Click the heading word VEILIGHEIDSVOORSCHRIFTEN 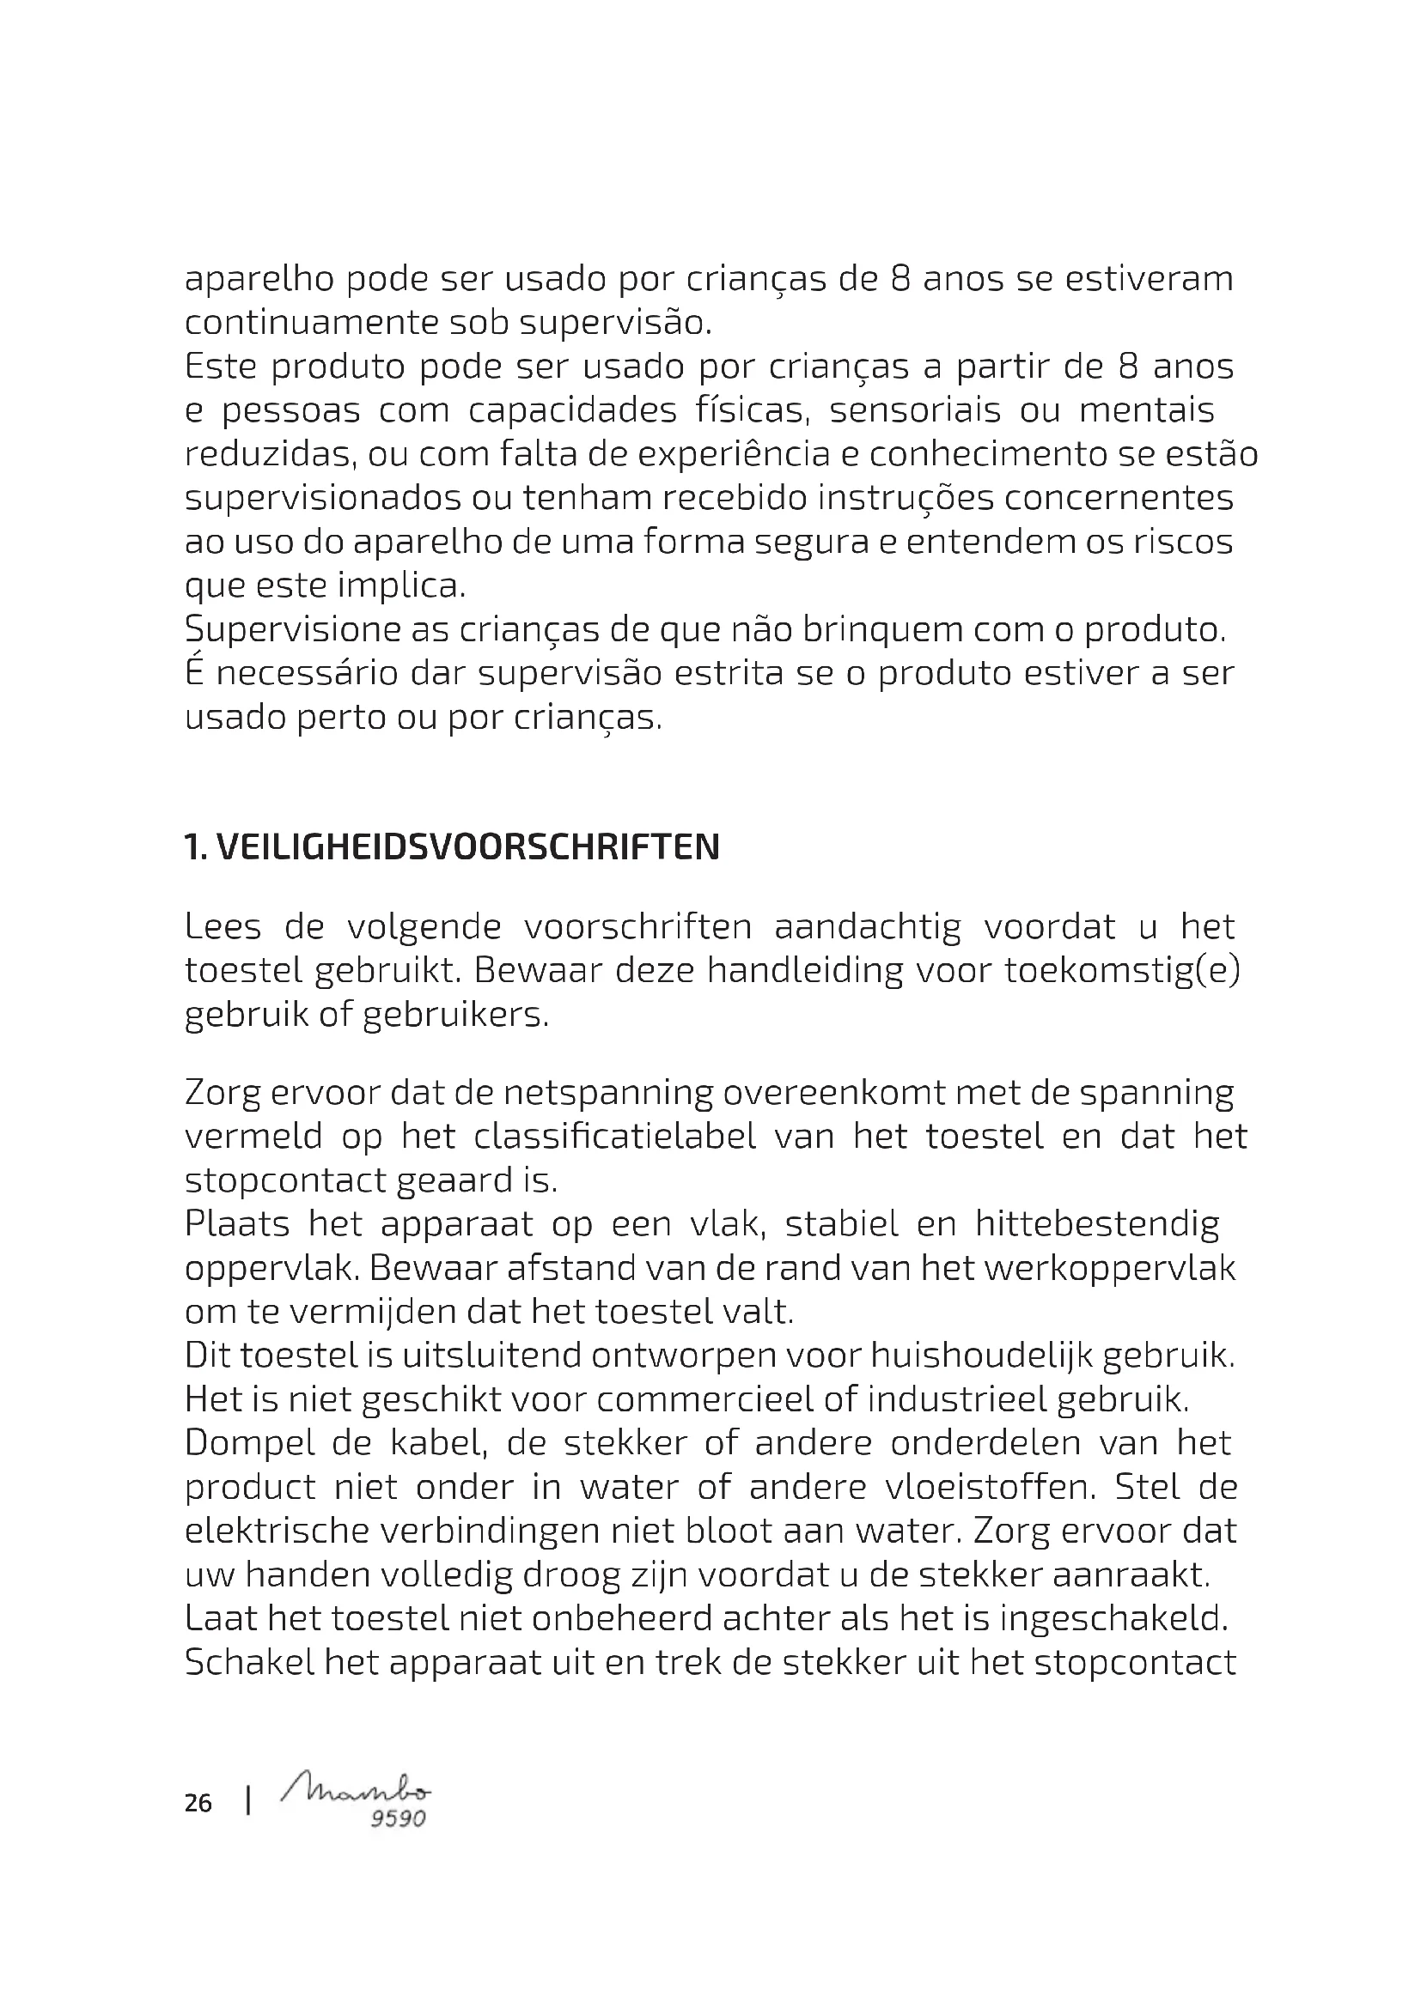tap(467, 846)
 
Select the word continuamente tap(311, 323)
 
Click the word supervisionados tap(322, 499)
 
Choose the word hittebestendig tap(1097, 1223)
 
